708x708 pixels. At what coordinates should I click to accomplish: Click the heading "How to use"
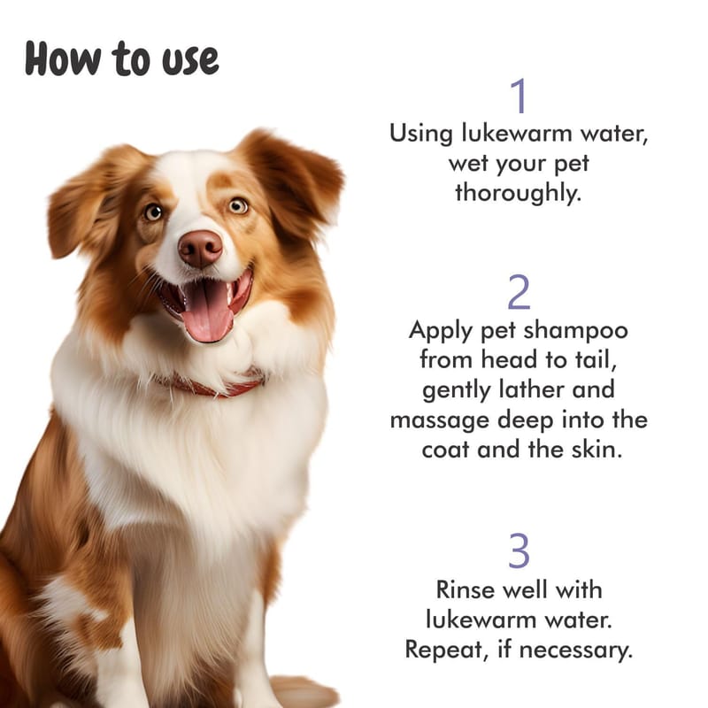[x=121, y=58]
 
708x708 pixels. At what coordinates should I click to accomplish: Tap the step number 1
[x=519, y=96]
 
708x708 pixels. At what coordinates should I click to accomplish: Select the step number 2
[x=519, y=292]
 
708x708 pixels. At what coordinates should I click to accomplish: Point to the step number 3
[x=519, y=550]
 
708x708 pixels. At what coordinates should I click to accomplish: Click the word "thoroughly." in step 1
[x=518, y=193]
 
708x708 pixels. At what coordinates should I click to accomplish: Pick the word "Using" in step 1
[x=421, y=135]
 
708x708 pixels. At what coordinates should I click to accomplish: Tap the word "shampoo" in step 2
[x=576, y=330]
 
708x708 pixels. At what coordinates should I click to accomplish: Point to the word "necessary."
[x=576, y=650]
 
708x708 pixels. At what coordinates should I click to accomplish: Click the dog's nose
[x=201, y=248]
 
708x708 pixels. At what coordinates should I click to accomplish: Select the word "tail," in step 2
[x=596, y=360]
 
